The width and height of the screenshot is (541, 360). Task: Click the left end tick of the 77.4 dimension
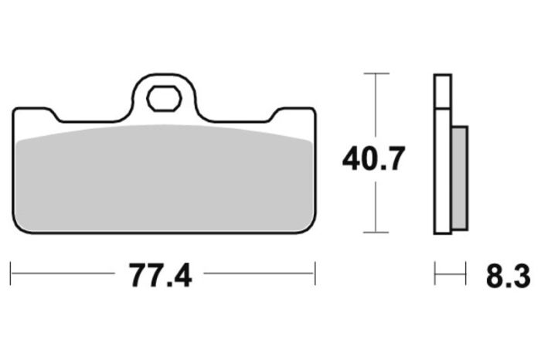pyautogui.click(x=11, y=272)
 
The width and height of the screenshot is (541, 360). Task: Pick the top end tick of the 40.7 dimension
pyautogui.click(x=376, y=73)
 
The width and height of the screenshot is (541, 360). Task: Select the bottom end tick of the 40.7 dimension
pyautogui.click(x=376, y=233)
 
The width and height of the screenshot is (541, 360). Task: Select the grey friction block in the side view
pyautogui.click(x=458, y=178)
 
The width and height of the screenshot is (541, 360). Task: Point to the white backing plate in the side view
pyautogui.click(x=442, y=155)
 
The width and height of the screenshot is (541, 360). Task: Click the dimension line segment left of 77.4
pyautogui.click(x=66, y=272)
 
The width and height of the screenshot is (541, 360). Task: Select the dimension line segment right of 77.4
pyautogui.click(x=259, y=272)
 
